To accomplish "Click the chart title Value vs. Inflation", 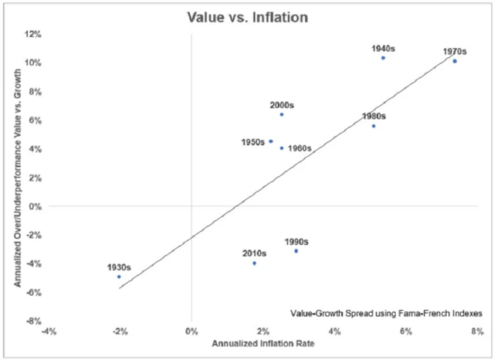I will coord(247,15).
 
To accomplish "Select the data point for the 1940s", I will coord(383,58).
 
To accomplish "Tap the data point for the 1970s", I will coord(455,61).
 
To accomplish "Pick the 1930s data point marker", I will coord(119,277).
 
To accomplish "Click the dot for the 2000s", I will coord(282,114).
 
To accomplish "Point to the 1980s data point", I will coord(374,126).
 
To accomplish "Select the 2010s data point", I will coord(254,263).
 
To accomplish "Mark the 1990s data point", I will coord(296,251).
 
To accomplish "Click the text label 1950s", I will coord(252,142).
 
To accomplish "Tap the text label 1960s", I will coord(300,148).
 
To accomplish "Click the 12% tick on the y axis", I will coord(33,35).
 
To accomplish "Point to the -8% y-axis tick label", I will coord(33,321).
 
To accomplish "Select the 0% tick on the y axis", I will coord(36,206).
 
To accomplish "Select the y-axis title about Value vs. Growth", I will coord(16,178).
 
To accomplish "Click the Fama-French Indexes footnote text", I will coord(387,314).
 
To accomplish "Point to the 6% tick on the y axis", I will coord(36,121).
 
